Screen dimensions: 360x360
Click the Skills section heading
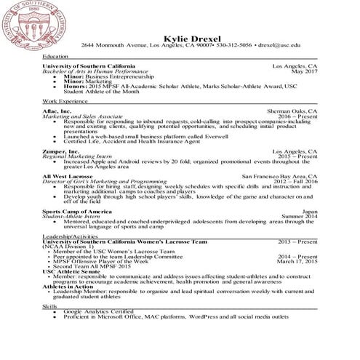[x=50, y=306]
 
